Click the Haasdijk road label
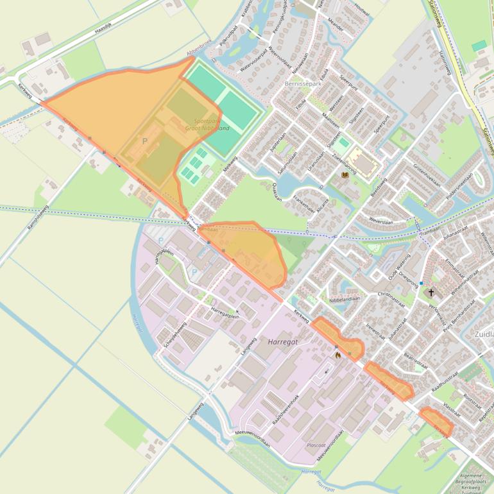click(x=103, y=28)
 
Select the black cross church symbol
click(x=431, y=293)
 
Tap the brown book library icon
click(x=345, y=175)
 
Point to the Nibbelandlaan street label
click(x=345, y=299)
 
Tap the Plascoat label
click(x=316, y=445)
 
